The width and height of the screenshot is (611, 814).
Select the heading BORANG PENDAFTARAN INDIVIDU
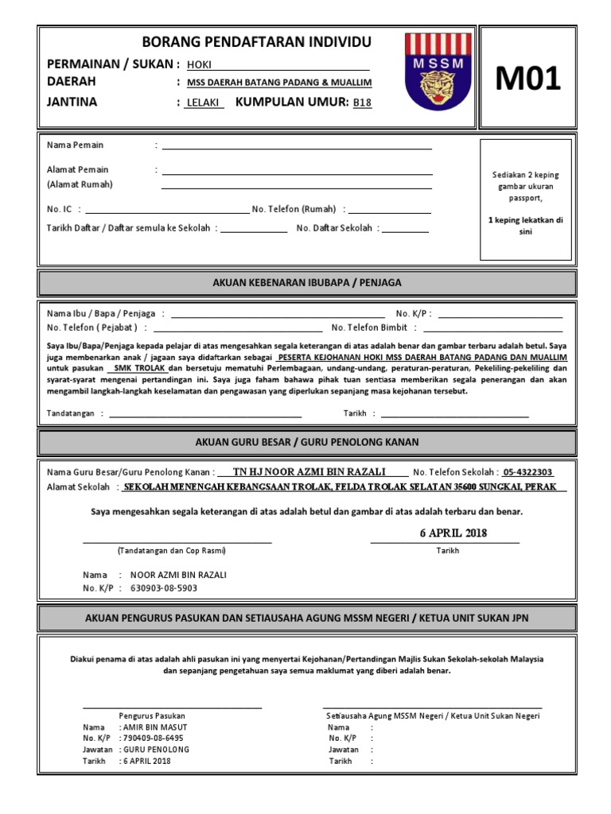coord(244,42)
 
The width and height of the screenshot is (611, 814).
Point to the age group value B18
coord(362,103)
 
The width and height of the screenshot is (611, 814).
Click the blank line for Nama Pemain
coord(297,148)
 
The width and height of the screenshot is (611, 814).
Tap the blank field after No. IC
coord(166,212)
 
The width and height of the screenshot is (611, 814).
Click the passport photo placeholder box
coord(526,199)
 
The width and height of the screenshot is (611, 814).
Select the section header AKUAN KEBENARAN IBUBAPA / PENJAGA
coord(307,282)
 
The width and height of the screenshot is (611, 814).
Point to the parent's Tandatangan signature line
coord(205,416)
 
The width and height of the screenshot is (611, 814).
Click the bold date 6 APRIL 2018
coord(453,533)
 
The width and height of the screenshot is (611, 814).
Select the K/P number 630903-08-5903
coord(158,588)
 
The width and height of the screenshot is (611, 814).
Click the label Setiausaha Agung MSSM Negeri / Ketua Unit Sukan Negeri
coord(434,715)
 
